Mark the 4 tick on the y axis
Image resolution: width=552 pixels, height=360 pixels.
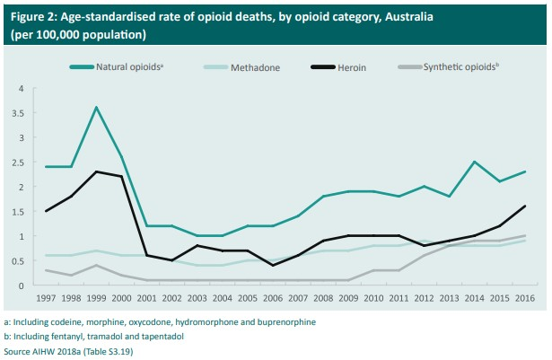click(x=20, y=89)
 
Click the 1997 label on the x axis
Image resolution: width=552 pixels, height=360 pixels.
click(x=46, y=297)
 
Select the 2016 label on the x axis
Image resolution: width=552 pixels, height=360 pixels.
click(x=524, y=297)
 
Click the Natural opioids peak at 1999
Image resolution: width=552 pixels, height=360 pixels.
click(x=96, y=108)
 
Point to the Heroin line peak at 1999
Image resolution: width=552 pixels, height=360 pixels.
click(x=96, y=171)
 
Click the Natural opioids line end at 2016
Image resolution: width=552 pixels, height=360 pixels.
click(x=524, y=171)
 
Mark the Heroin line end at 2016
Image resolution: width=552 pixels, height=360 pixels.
click(x=524, y=206)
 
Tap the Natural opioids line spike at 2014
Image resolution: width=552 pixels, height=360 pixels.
click(x=474, y=162)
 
